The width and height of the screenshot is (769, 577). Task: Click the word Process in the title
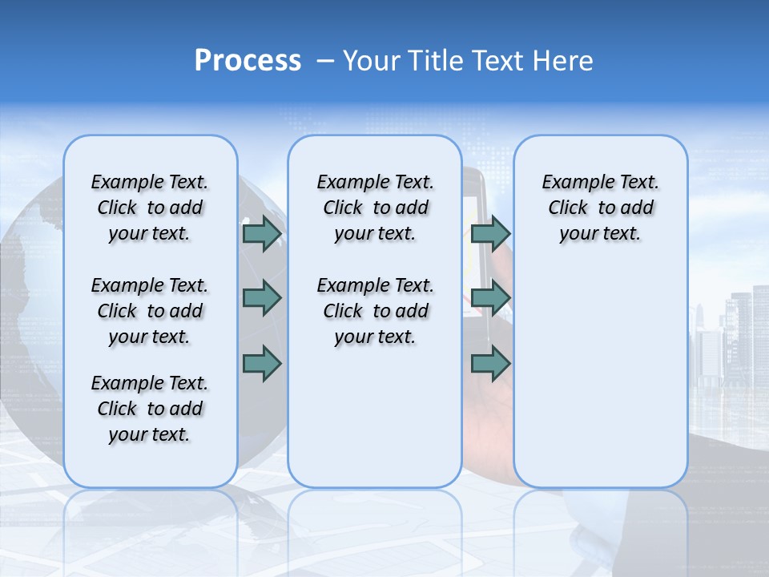pos(248,60)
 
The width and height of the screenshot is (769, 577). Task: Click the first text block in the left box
pos(150,208)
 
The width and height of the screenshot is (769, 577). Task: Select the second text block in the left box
pos(150,311)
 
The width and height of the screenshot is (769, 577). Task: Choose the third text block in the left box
pos(150,409)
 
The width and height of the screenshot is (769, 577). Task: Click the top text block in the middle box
pos(375,208)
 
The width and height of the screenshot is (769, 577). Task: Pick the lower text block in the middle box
pos(375,311)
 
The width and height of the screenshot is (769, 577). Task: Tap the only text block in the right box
pos(600,208)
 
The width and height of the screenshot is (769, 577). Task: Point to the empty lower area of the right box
pos(600,377)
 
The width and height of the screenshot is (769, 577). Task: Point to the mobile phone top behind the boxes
pos(478,180)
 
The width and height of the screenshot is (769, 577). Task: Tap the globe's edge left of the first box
pos(32,240)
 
